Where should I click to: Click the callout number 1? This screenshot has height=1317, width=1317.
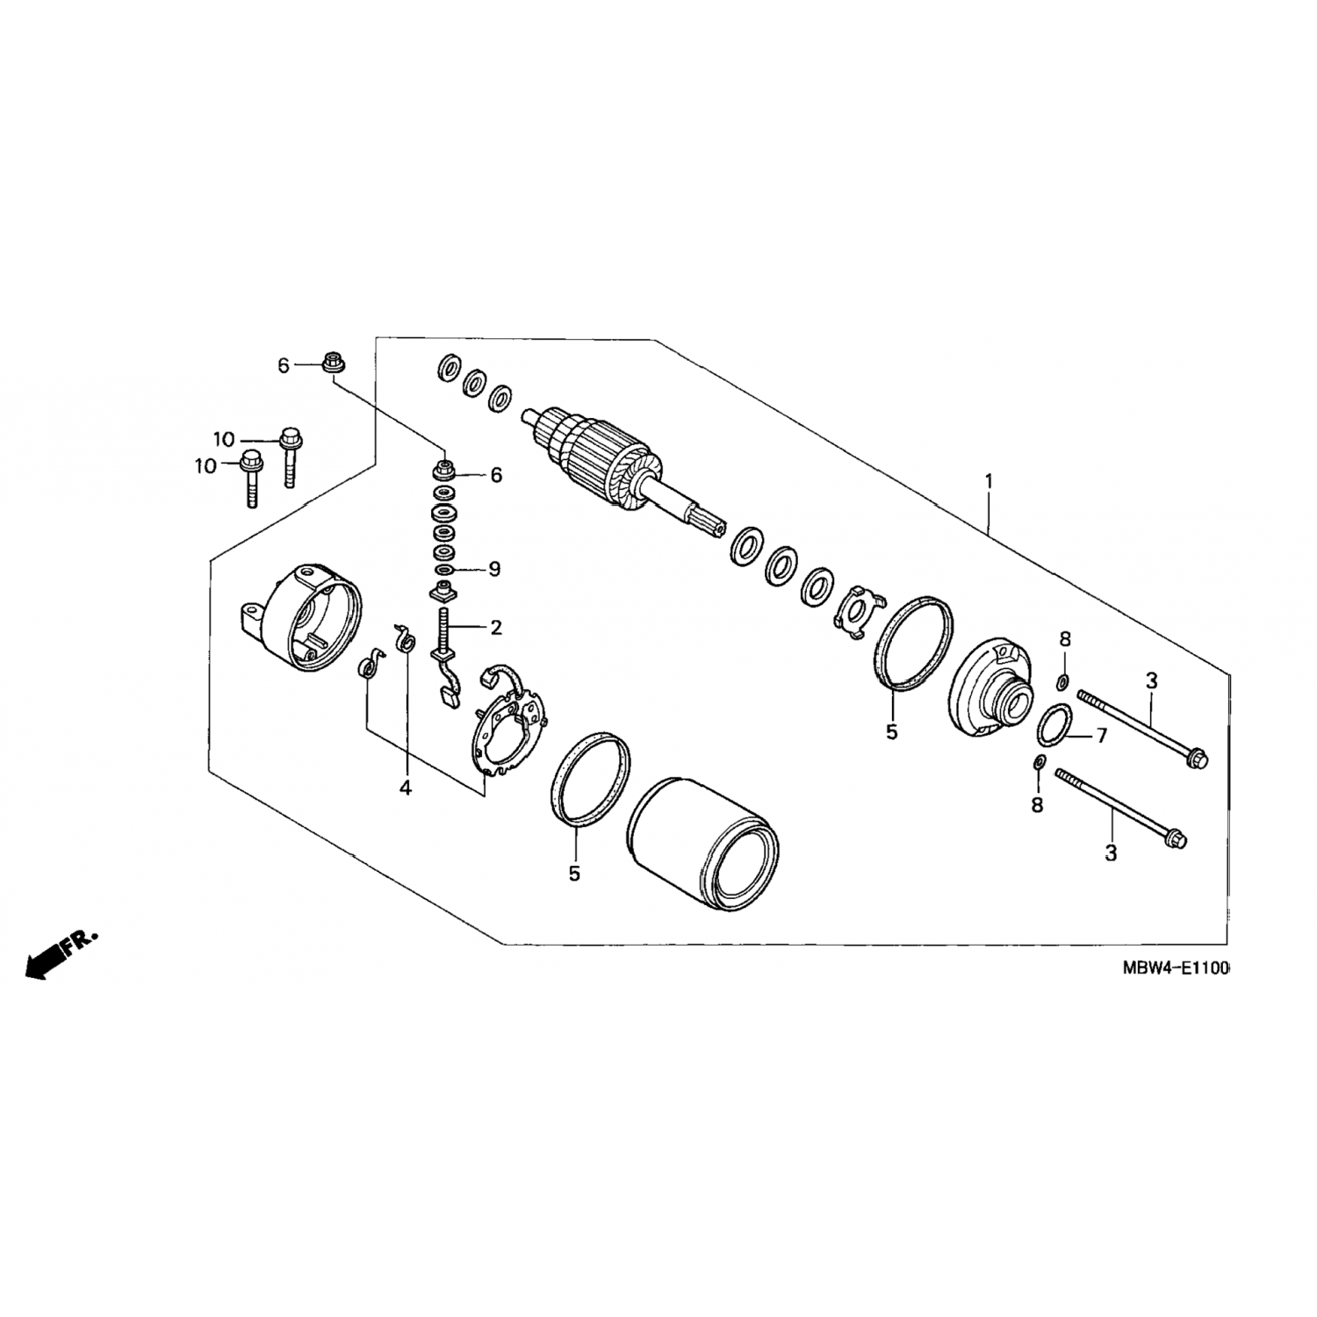(989, 481)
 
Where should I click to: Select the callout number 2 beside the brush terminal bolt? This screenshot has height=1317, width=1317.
(496, 627)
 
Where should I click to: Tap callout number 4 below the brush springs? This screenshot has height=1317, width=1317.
(405, 788)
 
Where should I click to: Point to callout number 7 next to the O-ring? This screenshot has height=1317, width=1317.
(1102, 736)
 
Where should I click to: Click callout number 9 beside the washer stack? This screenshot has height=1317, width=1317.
(494, 569)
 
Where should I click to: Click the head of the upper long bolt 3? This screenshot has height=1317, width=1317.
(1195, 756)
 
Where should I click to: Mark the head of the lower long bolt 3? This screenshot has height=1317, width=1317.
(1175, 838)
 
